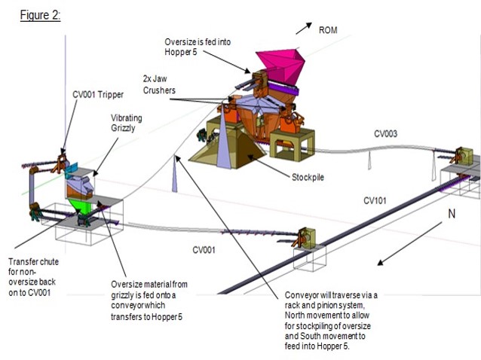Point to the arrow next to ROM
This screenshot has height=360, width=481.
coord(303,28)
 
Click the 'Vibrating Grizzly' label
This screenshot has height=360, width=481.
coord(126,123)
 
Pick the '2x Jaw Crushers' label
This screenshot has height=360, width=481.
coord(159,84)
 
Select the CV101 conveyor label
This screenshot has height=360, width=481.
coord(375,200)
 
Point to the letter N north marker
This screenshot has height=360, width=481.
coord(452,214)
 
